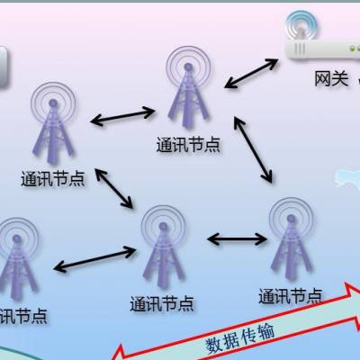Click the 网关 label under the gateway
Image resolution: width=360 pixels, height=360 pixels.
pos(331,79)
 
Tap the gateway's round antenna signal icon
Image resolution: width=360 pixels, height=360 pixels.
pos(301,25)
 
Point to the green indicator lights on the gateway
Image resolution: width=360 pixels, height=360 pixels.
pos(355,49)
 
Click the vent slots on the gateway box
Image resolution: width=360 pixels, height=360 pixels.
pos(301,49)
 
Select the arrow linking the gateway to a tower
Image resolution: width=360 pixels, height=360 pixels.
pos(251,74)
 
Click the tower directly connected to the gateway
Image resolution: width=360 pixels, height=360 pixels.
pos(188,87)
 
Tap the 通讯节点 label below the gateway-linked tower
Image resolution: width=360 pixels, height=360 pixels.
pos(188,145)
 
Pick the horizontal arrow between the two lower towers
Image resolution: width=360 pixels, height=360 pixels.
pos(237,239)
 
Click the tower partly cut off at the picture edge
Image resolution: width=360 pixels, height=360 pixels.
pos(17,259)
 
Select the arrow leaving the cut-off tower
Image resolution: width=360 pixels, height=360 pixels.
pos(94,259)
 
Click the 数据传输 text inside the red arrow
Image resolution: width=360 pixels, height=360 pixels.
pos(240,337)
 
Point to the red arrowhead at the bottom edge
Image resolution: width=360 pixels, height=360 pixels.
pos(118,353)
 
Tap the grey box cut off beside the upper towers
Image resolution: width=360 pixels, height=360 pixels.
pos(4,67)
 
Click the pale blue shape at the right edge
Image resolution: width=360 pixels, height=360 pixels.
pos(347,178)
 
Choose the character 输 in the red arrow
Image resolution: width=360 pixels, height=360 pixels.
pos(265,331)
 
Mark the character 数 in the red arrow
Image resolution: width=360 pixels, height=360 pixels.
pos(214,346)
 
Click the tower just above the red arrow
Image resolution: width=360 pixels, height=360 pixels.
pos(292,239)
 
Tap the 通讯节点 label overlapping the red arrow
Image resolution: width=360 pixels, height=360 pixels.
pos(291,296)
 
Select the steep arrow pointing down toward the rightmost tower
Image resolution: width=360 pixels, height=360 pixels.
pos(253,149)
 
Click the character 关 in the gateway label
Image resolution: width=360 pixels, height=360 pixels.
pos(340,79)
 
